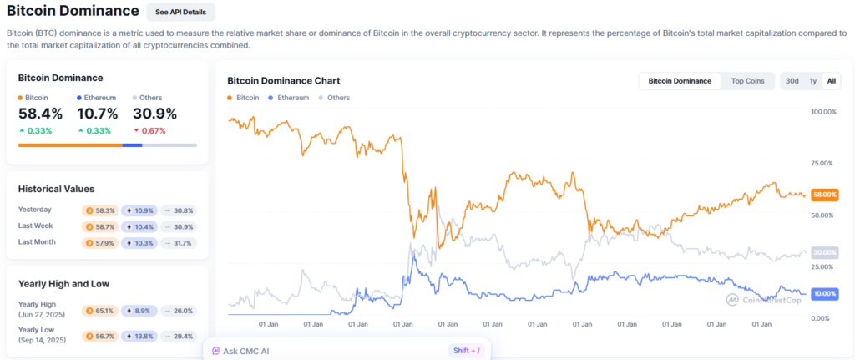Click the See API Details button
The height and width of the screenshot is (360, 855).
(x=180, y=12)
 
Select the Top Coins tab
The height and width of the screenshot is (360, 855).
(x=747, y=81)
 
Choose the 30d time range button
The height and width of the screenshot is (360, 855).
(x=792, y=81)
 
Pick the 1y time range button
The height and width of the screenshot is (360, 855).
(x=812, y=81)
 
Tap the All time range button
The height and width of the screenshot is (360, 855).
(x=831, y=81)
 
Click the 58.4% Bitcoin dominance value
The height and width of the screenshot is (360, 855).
(x=40, y=114)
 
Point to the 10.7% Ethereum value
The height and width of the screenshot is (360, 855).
(x=97, y=114)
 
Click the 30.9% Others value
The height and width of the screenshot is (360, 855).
(x=154, y=114)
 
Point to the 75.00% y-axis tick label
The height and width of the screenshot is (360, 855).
(x=823, y=164)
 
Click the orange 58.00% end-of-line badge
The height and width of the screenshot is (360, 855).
(x=825, y=195)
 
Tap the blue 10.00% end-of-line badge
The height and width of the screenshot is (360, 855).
(x=825, y=294)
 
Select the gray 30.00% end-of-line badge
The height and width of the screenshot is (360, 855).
(x=825, y=252)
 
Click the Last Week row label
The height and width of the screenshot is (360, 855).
(x=37, y=226)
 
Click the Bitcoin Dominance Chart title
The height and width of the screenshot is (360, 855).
(x=283, y=81)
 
